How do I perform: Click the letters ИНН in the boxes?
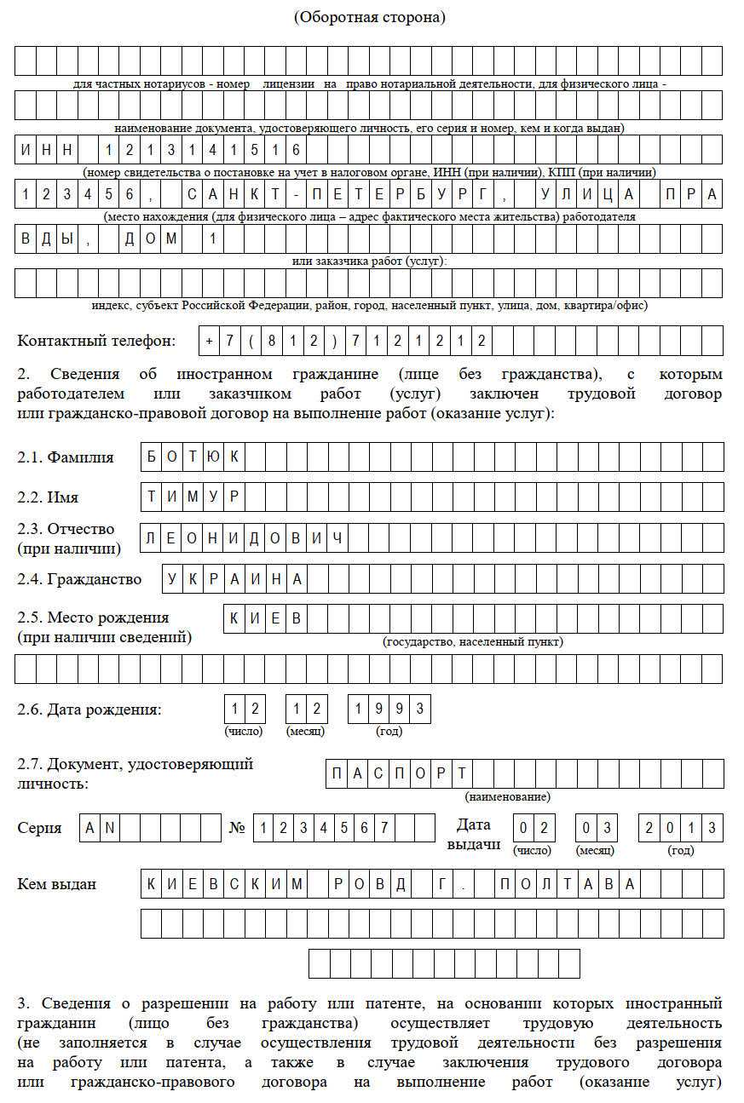tap(47, 150)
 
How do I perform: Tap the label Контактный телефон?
tap(96, 341)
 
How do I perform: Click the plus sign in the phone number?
tap(210, 341)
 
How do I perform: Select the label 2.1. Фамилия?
tap(66, 457)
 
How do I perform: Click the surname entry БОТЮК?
tap(193, 457)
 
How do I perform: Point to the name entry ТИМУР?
tap(193, 497)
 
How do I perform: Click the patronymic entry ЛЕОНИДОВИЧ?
tap(244, 538)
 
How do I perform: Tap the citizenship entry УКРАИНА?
tap(234, 579)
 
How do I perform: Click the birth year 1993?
tap(389, 709)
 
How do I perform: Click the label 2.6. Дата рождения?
tap(89, 709)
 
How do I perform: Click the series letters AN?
tap(101, 828)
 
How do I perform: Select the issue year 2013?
tap(680, 828)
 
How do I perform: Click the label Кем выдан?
tap(56, 884)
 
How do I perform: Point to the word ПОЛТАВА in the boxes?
tap(567, 884)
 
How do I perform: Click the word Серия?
tap(39, 828)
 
